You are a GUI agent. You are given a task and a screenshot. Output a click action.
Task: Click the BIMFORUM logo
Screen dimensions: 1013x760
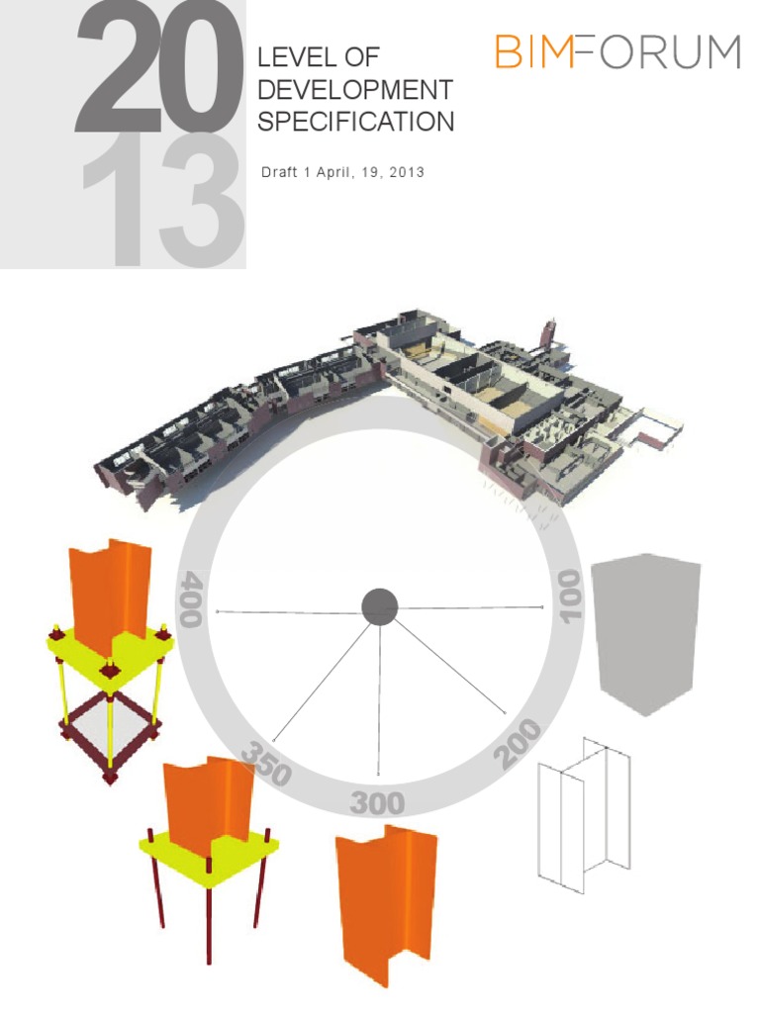coord(617,51)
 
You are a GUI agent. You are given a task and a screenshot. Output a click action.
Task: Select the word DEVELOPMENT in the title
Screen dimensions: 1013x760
coord(354,90)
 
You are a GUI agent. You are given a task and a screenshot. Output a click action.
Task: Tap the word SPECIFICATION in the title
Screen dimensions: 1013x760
coord(355,123)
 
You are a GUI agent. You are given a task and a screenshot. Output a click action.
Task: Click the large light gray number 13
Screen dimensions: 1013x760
coord(163,203)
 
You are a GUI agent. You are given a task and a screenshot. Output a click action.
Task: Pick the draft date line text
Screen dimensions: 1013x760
coord(342,172)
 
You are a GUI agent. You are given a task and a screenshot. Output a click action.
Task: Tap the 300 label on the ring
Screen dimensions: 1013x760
coord(377,801)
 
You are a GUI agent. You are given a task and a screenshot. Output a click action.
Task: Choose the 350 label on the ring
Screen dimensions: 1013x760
coord(264,763)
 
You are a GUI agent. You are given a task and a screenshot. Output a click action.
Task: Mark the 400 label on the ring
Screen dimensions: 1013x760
coord(191,598)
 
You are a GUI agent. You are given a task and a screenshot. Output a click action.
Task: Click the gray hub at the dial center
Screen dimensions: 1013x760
coord(379,606)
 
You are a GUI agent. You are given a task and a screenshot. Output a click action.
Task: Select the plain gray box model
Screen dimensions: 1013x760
coord(645,633)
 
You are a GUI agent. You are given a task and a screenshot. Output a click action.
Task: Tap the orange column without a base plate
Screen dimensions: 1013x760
coord(386,905)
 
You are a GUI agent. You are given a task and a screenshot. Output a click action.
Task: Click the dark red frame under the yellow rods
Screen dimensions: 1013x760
coord(109,737)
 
